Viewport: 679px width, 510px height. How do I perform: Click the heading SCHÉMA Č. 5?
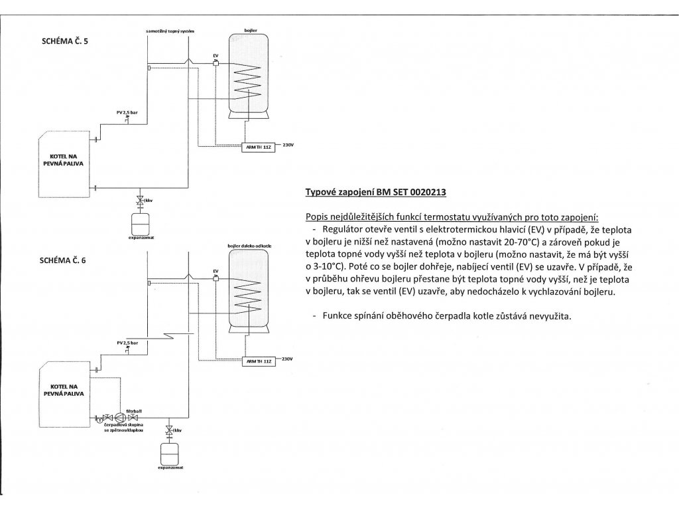coord(64,42)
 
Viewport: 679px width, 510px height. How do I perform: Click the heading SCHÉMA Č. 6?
coord(62,260)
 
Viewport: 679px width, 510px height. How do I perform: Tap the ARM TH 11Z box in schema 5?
coord(258,147)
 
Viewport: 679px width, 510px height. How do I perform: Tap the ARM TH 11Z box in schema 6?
coord(258,361)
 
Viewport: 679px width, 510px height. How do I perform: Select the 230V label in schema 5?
coord(288,145)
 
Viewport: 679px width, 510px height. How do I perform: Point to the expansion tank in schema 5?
coord(140,222)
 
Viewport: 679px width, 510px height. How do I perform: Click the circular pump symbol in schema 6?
coord(120,418)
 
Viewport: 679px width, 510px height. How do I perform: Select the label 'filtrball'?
coord(134,410)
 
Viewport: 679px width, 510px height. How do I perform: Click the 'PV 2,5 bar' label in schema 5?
coord(127,112)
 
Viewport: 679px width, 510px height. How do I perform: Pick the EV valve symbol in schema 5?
coord(216,63)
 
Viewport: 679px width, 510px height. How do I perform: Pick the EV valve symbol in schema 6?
coord(216,279)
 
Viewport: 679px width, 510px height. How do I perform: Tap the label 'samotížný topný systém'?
coord(170,31)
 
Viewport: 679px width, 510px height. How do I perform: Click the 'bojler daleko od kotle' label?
coord(249,246)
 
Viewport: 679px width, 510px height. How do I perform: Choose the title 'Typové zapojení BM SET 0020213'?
coord(376,192)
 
